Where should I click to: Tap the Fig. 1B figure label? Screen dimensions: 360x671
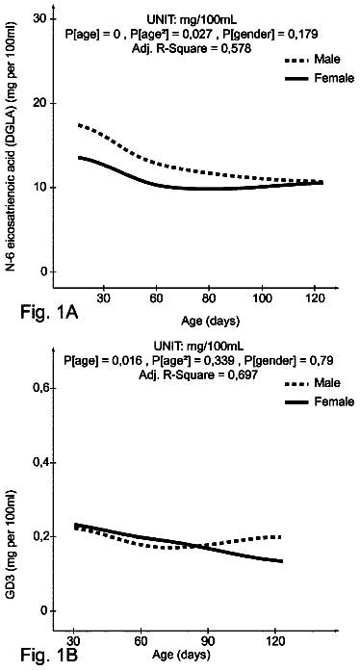click(49, 654)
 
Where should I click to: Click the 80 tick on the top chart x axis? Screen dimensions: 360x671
click(209, 298)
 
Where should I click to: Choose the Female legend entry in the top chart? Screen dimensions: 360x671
click(320, 78)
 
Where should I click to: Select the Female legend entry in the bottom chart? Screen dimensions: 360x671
click(320, 401)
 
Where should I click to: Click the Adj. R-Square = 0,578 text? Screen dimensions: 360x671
click(192, 48)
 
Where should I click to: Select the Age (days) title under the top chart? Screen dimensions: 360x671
click(210, 320)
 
